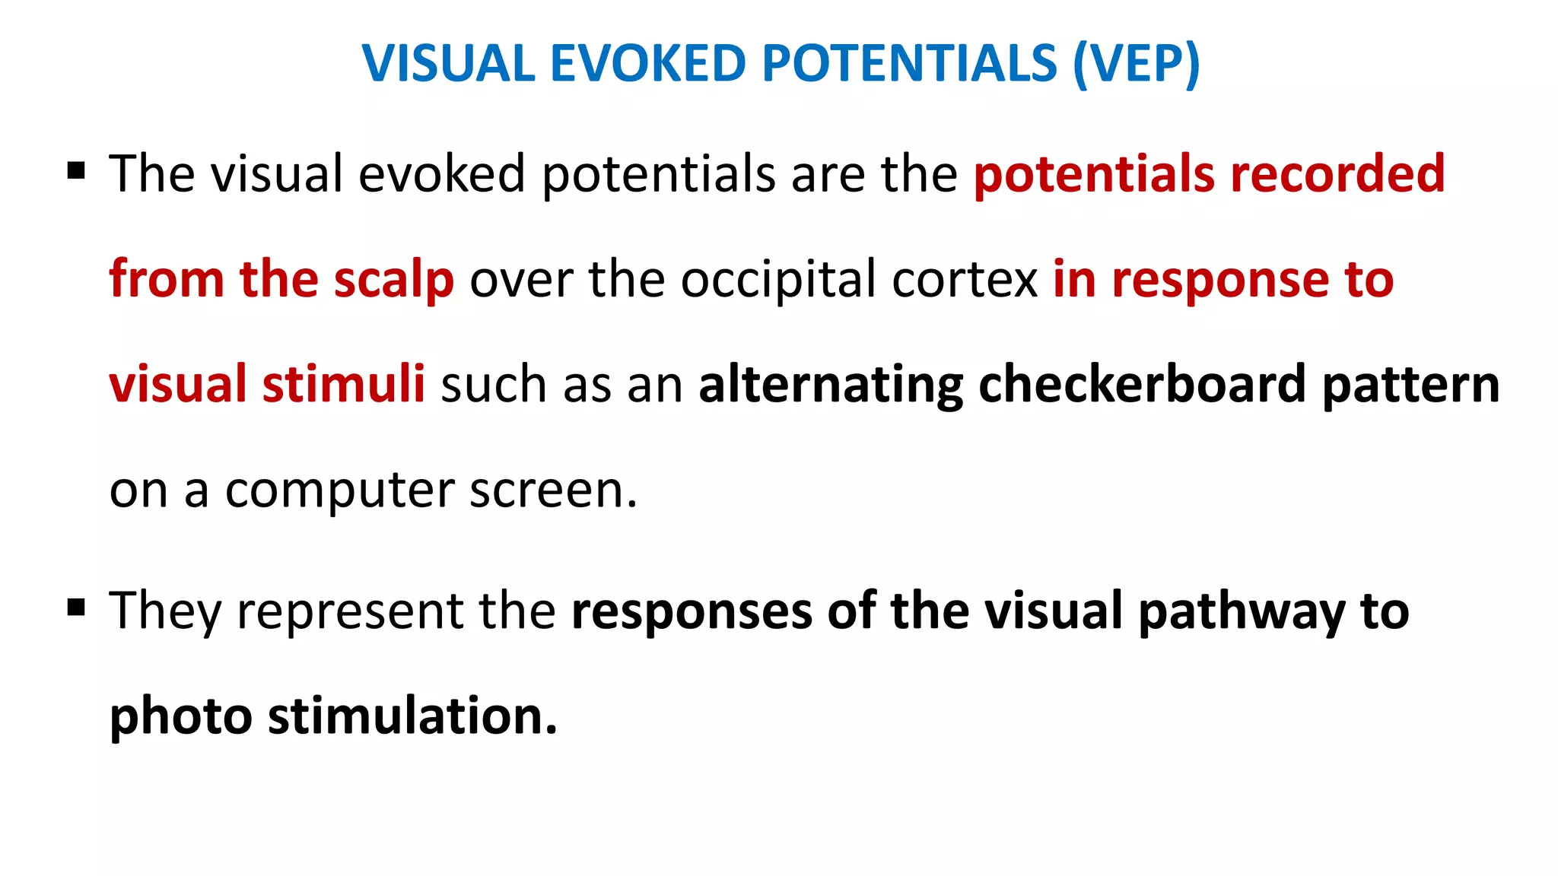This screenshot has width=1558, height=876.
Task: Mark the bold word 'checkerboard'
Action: click(x=1142, y=384)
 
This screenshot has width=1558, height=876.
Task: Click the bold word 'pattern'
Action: click(x=1411, y=384)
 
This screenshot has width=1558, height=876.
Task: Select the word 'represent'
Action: click(x=350, y=611)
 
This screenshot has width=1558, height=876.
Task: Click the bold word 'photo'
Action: click(x=181, y=716)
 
